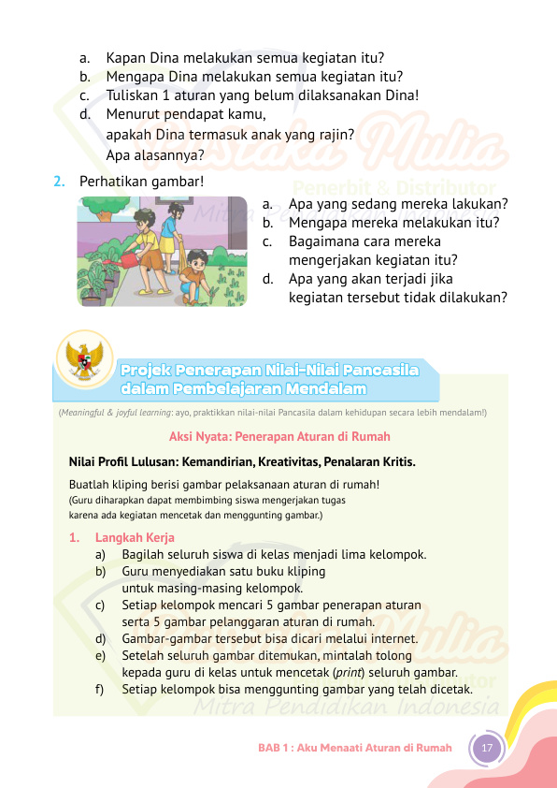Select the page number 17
pyautogui.click(x=486, y=748)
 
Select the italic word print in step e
pyautogui.click(x=350, y=673)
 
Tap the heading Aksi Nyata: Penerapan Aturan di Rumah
pyautogui.click(x=279, y=436)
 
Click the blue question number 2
pyautogui.click(x=59, y=180)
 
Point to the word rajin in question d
pyautogui.click(x=335, y=135)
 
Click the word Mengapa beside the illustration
pyautogui.click(x=319, y=223)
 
